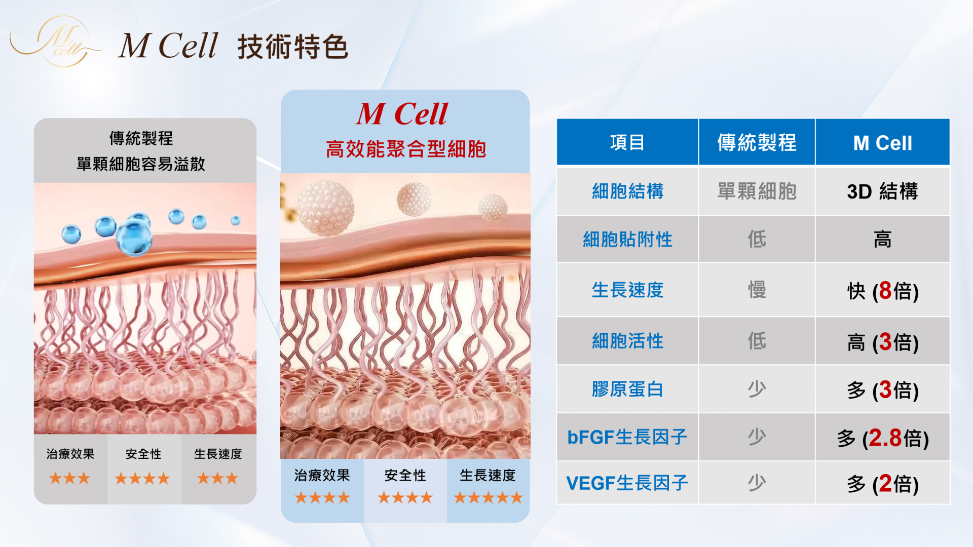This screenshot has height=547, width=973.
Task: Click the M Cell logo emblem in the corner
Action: [56, 42]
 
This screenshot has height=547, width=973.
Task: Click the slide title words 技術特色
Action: [293, 47]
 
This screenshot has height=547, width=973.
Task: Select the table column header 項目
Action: [627, 142]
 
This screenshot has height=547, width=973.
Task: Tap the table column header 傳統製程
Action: [757, 142]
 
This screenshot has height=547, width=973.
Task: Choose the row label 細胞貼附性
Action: [627, 239]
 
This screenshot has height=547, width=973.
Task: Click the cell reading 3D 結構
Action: [882, 191]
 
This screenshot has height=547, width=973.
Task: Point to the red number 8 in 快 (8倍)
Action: [885, 291]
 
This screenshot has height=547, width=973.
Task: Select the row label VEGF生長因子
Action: [627, 483]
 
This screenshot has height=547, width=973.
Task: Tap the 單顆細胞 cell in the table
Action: [757, 191]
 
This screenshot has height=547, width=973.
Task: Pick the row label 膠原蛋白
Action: [627, 389]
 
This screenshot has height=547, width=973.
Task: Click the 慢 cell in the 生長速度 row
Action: [757, 290]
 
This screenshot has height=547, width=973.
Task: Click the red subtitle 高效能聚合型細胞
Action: [406, 149]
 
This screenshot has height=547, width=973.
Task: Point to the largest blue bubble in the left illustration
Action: [134, 237]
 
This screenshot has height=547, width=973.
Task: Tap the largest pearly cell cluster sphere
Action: [325, 208]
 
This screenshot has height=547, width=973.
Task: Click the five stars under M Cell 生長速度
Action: [488, 498]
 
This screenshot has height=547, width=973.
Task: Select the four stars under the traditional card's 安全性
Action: [142, 479]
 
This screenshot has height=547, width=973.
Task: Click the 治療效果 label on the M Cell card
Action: [322, 475]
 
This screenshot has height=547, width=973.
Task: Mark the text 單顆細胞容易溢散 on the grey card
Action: [141, 164]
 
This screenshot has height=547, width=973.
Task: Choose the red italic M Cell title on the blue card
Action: [402, 113]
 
